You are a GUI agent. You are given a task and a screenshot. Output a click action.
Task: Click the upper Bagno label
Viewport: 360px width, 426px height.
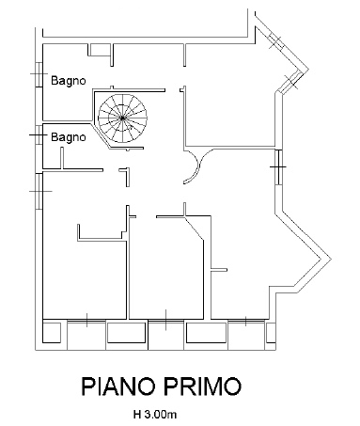(x=69, y=81)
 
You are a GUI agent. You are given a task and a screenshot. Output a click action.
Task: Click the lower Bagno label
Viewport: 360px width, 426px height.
(x=69, y=137)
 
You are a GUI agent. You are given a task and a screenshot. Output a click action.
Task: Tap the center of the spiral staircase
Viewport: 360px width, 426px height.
(x=122, y=118)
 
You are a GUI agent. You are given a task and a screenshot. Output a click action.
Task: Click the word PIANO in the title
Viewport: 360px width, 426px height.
(x=118, y=387)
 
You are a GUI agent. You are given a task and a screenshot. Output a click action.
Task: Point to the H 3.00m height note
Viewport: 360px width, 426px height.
(x=155, y=415)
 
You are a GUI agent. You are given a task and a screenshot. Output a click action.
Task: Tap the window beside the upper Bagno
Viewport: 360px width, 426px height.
(x=39, y=74)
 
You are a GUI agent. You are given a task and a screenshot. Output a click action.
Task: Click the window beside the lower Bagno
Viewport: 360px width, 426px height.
(x=39, y=134)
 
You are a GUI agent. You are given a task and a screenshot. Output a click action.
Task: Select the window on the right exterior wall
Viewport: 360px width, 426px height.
(x=278, y=166)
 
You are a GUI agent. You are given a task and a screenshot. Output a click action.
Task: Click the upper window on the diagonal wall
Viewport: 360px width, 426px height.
(x=276, y=40)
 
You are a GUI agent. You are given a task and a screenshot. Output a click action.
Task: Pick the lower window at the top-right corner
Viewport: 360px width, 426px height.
(x=291, y=82)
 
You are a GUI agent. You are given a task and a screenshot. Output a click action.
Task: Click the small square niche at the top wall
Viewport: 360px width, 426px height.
(x=100, y=50)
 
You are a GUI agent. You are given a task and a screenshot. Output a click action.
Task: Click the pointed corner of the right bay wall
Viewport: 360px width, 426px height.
(x=330, y=259)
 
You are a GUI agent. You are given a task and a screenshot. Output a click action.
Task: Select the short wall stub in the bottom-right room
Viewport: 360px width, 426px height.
(x=219, y=269)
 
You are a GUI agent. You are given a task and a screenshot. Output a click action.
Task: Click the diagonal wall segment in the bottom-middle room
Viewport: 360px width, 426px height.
(x=195, y=229)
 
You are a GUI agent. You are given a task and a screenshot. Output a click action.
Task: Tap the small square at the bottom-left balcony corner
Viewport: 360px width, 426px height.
(x=52, y=333)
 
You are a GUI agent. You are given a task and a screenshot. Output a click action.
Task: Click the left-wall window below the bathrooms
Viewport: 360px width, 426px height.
(x=39, y=191)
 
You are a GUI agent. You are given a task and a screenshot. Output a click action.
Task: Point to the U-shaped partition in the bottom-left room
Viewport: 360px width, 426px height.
(x=101, y=234)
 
